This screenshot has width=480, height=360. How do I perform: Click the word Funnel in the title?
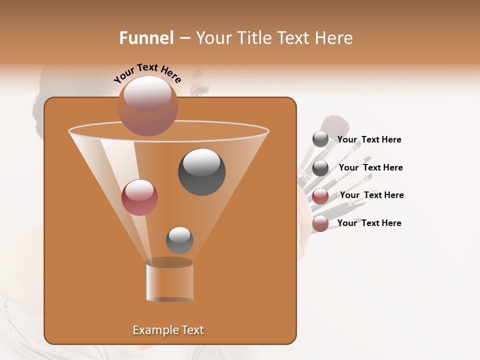coord(146,38)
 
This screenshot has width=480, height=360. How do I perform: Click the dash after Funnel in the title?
coord(184,38)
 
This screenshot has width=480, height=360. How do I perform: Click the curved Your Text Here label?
coord(147,73)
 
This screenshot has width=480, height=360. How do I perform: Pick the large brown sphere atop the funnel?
coord(148,105)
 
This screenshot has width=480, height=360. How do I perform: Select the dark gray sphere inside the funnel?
coord(201,172)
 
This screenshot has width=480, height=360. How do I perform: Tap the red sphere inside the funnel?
coord(140,197)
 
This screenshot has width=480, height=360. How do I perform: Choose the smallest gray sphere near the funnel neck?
coord(179,240)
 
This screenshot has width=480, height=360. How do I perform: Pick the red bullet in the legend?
coord(320,196)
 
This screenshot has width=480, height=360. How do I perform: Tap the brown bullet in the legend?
coord(320,223)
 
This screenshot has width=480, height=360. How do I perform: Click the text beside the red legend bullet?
coord(371,195)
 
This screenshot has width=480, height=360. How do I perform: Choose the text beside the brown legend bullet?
coord(369,223)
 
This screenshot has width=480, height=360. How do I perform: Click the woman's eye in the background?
coord(199,92)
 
